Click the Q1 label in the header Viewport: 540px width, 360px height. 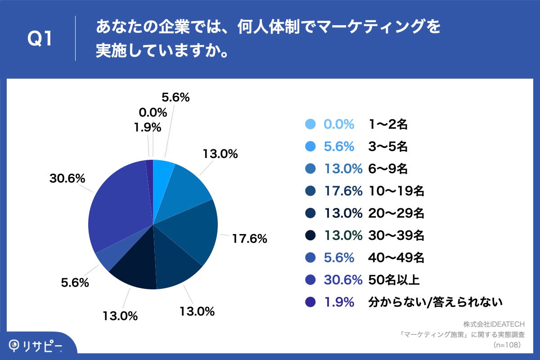point(40,39)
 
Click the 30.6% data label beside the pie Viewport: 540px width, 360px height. point(67,179)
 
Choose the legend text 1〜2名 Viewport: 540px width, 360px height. point(387,124)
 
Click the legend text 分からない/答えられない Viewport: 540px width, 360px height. point(435,302)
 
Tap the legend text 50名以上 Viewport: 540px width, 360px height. point(394,280)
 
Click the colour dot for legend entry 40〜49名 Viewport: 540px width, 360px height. point(310,258)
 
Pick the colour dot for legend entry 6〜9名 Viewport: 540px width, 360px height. point(310,169)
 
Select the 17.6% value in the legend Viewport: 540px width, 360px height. point(343,191)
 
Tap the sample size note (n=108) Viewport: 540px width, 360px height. point(507,345)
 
